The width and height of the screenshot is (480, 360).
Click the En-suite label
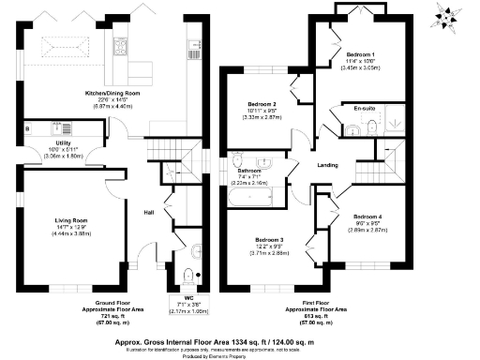pyautogui.click(x=364, y=110)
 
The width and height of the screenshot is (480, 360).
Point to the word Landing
pyautogui.click(x=328, y=166)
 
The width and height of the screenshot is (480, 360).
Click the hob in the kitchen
pyautogui.click(x=122, y=47)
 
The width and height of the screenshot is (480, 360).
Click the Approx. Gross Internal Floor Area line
pyautogui.click(x=240, y=334)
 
